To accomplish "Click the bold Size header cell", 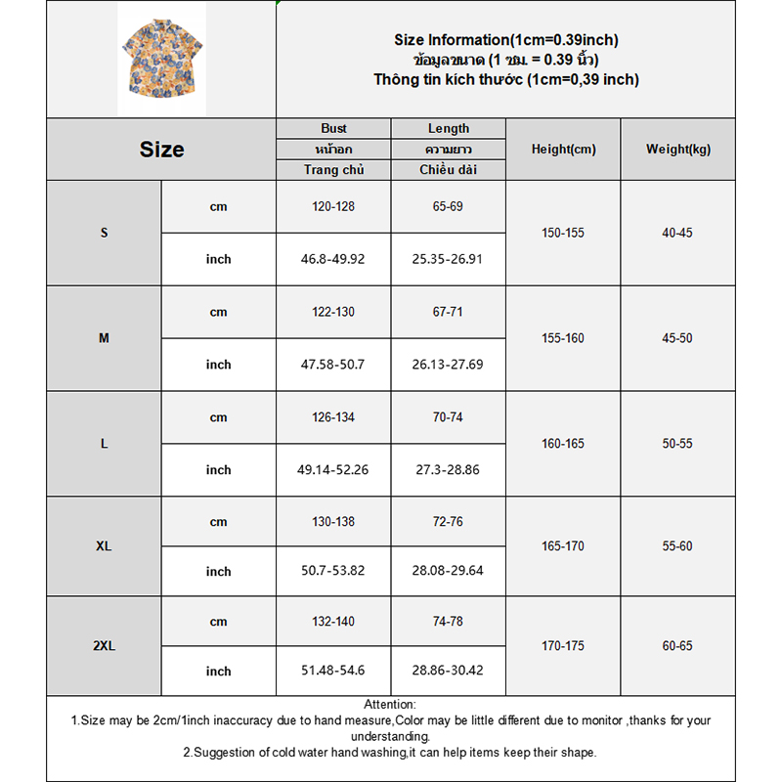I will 161,150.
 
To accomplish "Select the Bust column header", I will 333,128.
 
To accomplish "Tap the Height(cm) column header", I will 563,150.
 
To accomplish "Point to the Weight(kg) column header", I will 678,150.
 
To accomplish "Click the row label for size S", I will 105,233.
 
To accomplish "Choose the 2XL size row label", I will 105,646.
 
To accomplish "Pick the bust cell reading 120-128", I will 333,206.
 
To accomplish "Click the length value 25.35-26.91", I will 448,259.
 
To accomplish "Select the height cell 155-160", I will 563,338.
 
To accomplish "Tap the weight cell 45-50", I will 677,338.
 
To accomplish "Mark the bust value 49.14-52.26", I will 333,470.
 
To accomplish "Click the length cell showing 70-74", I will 448,417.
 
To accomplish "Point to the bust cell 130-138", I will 333,522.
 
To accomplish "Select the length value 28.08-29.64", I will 448,572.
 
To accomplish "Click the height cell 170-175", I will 563,646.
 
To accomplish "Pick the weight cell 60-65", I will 677,646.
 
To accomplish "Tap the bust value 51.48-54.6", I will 333,672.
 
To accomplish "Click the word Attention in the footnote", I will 389,704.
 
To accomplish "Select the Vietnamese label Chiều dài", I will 448,170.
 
